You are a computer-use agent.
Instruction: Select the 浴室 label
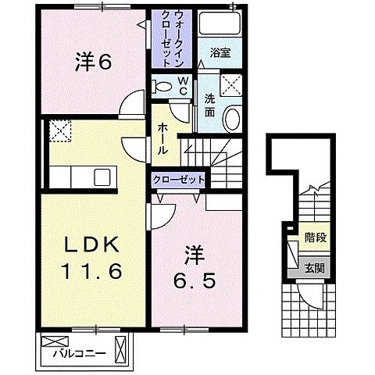tap(220, 54)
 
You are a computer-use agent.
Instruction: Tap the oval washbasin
tap(232, 119)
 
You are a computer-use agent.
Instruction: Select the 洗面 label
tap(210, 105)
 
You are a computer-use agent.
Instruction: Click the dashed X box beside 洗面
tap(231, 84)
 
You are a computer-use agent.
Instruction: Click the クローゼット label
tap(180, 180)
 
